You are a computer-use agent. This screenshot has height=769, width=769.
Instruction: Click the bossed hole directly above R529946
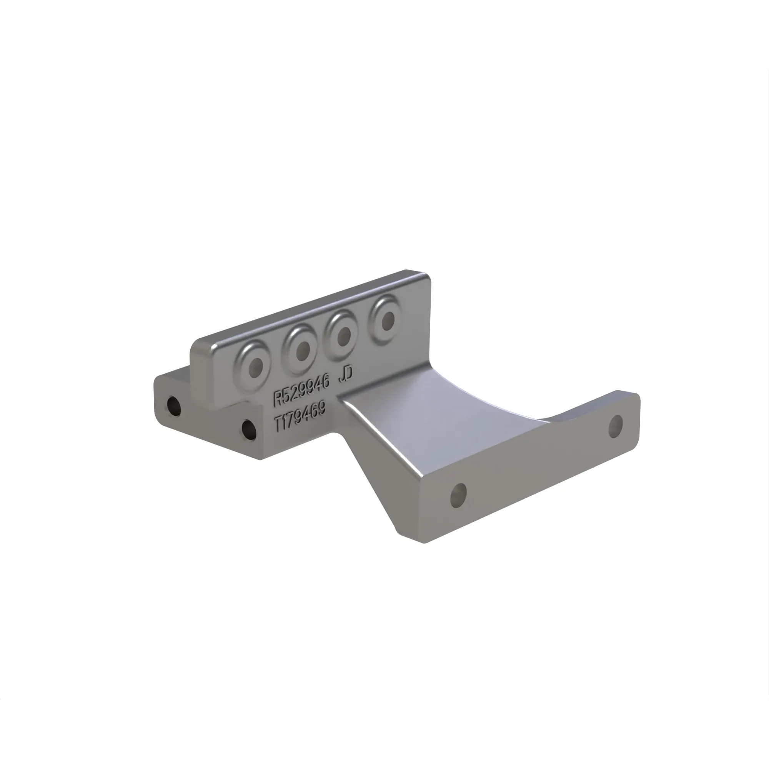pos(253,366)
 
